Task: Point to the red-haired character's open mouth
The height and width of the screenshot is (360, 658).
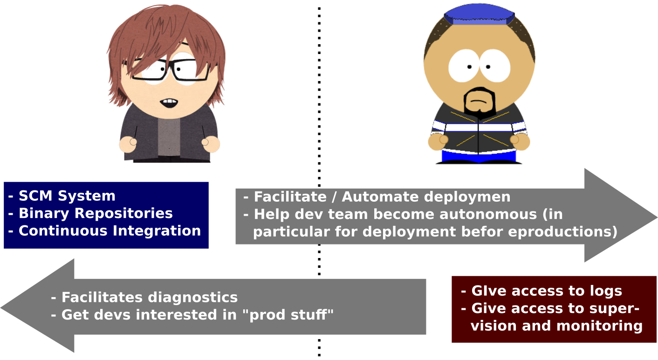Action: tap(169, 103)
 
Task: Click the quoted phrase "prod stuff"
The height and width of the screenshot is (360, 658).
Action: tap(288, 315)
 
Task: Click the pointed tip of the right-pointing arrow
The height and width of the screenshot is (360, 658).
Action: tap(657, 217)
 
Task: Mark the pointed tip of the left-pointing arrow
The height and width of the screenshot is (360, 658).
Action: tap(1, 307)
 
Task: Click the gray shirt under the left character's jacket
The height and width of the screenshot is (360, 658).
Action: tap(169, 137)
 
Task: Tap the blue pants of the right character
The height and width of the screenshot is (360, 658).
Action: tap(479, 156)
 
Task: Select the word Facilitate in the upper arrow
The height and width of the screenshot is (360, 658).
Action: tap(290, 197)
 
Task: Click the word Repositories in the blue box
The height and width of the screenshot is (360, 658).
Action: tap(123, 214)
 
